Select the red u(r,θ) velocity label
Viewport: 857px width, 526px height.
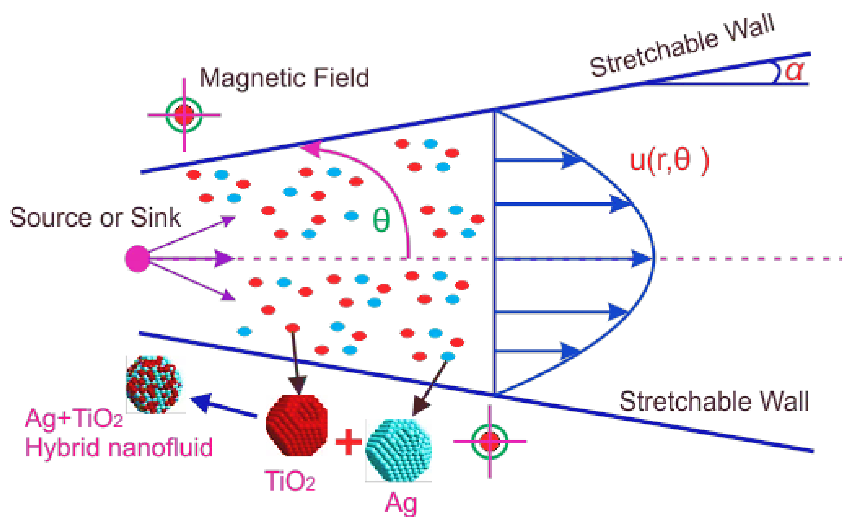(x=669, y=161)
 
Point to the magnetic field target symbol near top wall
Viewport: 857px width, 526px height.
(x=184, y=115)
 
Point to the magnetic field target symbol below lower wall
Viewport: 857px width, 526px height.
(x=490, y=442)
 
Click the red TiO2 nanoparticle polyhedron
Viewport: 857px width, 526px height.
(x=297, y=425)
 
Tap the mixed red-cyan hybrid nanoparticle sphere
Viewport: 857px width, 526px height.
(x=154, y=384)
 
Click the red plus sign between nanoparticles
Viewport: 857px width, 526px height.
(x=348, y=442)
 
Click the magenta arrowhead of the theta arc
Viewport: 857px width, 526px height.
(x=311, y=149)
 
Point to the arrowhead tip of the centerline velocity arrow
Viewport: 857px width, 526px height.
(x=650, y=259)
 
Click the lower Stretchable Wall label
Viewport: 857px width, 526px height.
(x=714, y=401)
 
